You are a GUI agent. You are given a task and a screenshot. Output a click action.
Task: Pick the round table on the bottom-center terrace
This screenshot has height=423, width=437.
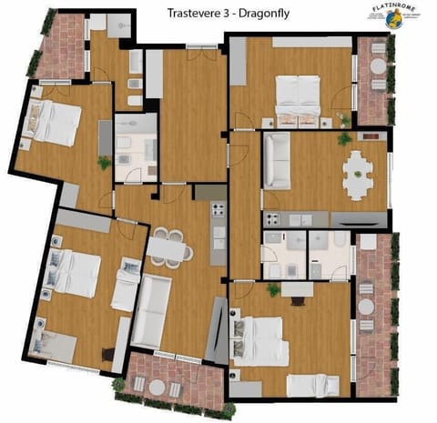tap(157, 387)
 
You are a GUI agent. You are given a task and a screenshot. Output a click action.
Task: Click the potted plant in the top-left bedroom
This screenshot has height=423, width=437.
tap(104, 163)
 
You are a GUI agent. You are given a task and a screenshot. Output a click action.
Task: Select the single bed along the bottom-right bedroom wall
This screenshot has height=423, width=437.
tap(312, 385)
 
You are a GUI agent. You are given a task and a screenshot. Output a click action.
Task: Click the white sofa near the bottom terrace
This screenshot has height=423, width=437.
tap(152, 311)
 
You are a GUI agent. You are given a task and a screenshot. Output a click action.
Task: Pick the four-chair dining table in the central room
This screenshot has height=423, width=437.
tap(168, 246)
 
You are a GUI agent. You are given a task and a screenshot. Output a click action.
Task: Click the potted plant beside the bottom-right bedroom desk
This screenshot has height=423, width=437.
tap(272, 289)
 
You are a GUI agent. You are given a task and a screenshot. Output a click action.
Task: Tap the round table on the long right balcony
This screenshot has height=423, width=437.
tap(366, 307)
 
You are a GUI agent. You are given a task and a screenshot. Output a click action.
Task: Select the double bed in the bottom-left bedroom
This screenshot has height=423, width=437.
tap(75, 272)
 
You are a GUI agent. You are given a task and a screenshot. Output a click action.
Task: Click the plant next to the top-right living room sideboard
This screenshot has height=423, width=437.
tap(343, 139)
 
